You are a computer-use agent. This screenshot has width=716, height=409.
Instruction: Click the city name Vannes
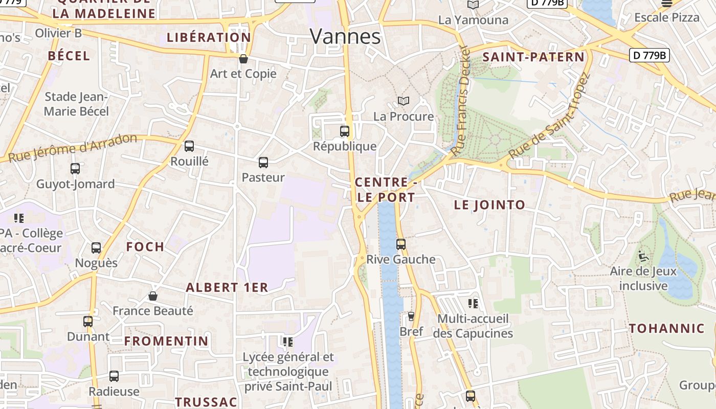pyautogui.click(x=345, y=36)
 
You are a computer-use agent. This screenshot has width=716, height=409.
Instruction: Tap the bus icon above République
pyautogui.click(x=345, y=131)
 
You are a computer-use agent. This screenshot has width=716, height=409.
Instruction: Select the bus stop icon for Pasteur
pyautogui.click(x=263, y=163)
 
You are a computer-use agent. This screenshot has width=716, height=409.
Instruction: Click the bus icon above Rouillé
pyautogui.click(x=189, y=146)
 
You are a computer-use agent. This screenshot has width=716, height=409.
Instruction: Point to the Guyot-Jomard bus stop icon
pyautogui.click(x=75, y=168)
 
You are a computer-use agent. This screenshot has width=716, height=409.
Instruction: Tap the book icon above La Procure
pyautogui.click(x=404, y=101)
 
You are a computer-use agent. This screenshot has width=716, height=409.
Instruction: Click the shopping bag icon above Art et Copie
pyautogui.click(x=243, y=59)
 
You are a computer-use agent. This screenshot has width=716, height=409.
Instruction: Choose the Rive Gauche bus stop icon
pyautogui.click(x=401, y=244)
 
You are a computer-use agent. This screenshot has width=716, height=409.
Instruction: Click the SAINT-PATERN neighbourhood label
pyautogui.click(x=533, y=57)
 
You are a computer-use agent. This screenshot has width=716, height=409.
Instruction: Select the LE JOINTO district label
pyautogui.click(x=489, y=205)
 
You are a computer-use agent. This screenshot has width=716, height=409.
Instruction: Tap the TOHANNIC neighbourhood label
pyautogui.click(x=667, y=329)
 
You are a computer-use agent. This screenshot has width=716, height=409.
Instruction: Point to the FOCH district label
pyautogui.click(x=145, y=247)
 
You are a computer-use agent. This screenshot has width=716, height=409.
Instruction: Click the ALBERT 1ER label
pyautogui.click(x=227, y=287)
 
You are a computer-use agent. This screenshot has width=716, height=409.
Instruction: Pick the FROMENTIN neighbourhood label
pyautogui.click(x=167, y=341)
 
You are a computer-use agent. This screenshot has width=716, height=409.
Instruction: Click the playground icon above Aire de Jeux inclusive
pyautogui.click(x=643, y=256)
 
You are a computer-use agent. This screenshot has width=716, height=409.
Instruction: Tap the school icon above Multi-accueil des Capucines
pyautogui.click(x=473, y=304)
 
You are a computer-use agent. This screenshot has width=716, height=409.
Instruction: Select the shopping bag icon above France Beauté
pyautogui.click(x=152, y=296)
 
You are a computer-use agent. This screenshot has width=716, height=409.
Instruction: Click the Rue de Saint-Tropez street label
pyautogui.click(x=549, y=116)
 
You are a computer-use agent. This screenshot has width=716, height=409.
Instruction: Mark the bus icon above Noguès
pyautogui.click(x=96, y=248)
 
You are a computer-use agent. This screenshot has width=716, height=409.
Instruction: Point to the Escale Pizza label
pyautogui.click(x=667, y=17)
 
